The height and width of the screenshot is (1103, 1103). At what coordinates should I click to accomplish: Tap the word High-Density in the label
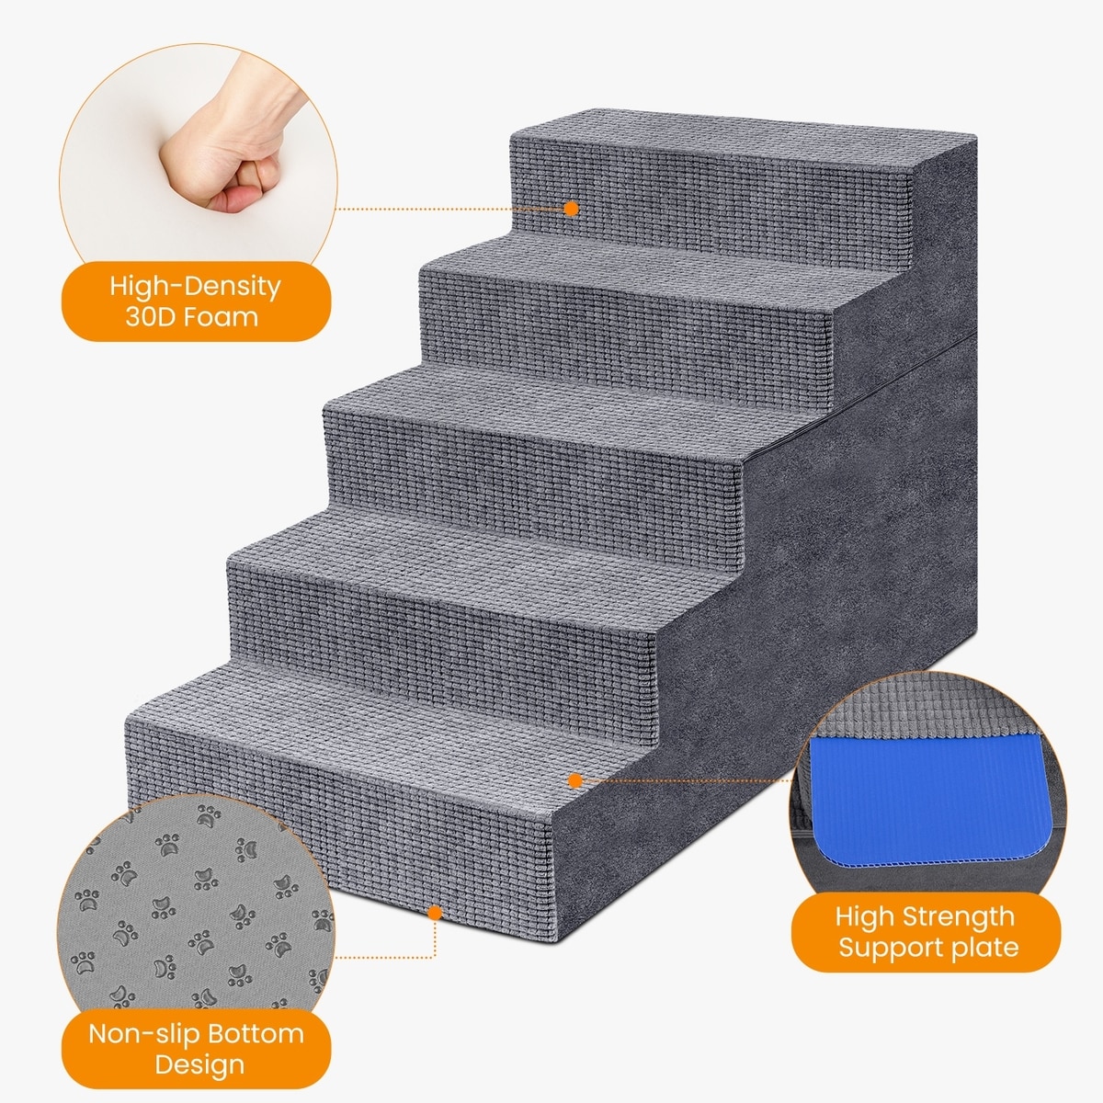pos(195,286)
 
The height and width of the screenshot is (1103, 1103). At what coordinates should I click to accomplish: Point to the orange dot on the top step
pos(571,209)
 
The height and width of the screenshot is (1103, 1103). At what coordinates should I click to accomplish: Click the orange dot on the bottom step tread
pos(575,780)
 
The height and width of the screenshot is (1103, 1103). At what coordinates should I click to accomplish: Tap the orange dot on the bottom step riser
pos(435,913)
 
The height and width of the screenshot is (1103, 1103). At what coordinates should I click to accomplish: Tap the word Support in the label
pos(892,949)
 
